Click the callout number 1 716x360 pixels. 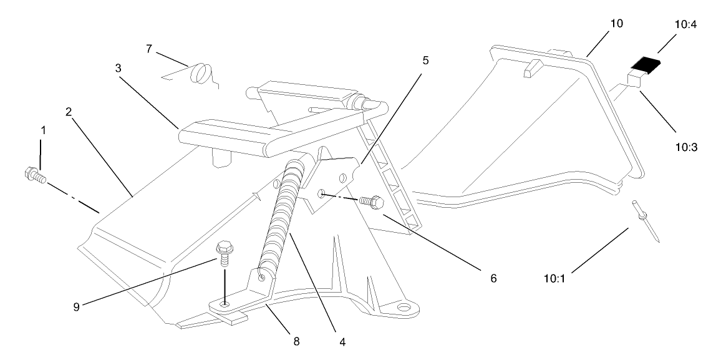(x=43, y=132)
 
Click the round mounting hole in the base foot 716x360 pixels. (x=405, y=307)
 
